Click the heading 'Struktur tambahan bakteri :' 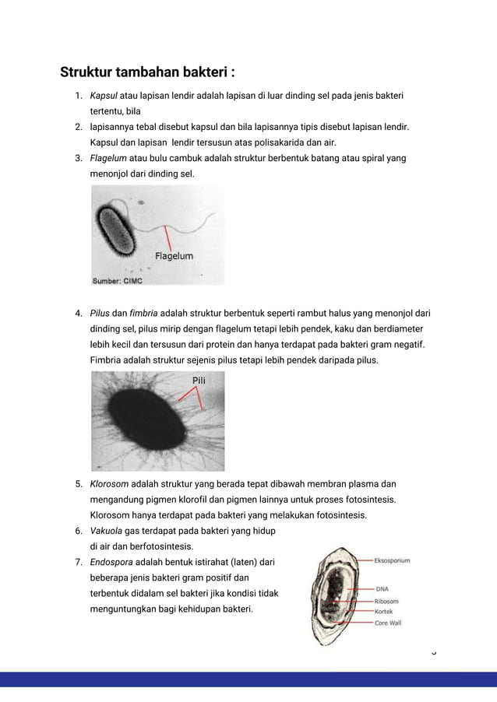point(148,73)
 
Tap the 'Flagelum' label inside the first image point(174,255)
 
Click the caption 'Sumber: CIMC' point(118,279)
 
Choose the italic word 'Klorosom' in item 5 point(110,484)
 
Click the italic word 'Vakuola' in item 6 point(107,531)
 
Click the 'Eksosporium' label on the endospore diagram point(393,560)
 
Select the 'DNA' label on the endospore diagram point(383,589)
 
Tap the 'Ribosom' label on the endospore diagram point(387,601)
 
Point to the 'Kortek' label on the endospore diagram point(385,612)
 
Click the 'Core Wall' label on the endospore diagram point(388,623)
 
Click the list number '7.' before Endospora point(79,562)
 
